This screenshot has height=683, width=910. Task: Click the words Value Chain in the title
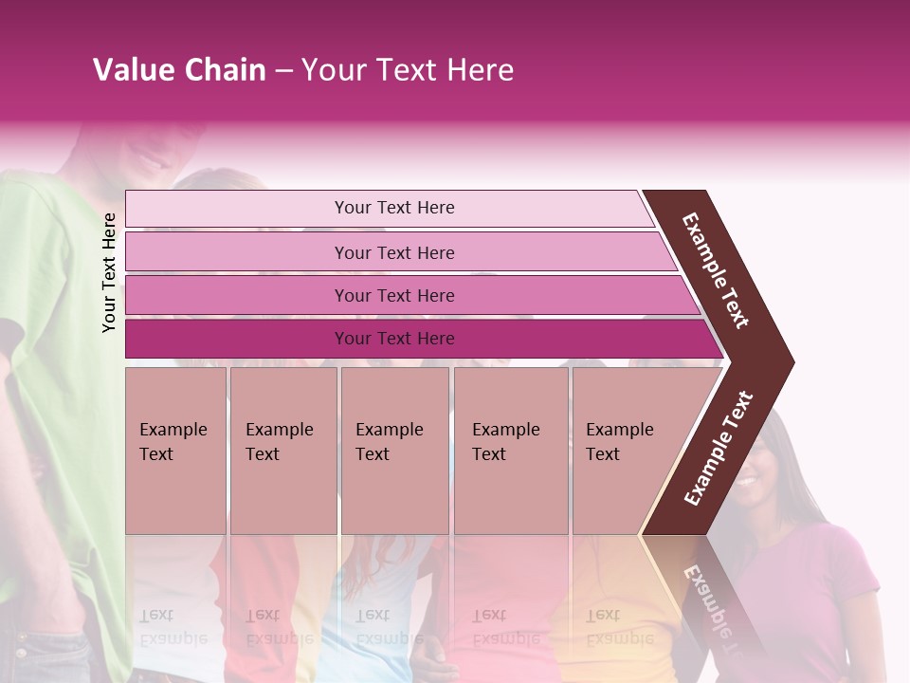click(x=179, y=70)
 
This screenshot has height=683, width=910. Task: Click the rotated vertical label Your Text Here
click(x=109, y=272)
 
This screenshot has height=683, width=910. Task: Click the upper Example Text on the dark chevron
click(x=716, y=270)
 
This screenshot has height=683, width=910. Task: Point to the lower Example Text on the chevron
click(x=719, y=449)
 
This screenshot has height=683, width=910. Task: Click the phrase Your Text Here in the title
click(x=408, y=70)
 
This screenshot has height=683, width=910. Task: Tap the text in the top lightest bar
click(x=394, y=208)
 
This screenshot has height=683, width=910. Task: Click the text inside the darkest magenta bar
click(x=394, y=339)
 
